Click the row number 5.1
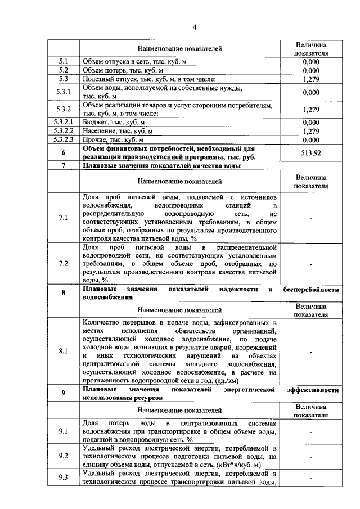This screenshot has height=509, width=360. (x=63, y=61)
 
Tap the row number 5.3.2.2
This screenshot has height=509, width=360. (x=63, y=131)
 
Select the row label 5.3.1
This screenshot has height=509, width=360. (x=63, y=92)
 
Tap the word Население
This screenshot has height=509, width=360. (x=100, y=131)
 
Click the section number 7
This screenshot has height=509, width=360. (x=63, y=166)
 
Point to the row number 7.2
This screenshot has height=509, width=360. (x=63, y=263)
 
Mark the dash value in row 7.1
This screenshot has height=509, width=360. (x=310, y=217)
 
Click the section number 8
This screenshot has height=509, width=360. (x=63, y=293)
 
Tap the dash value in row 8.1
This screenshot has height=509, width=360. (x=310, y=352)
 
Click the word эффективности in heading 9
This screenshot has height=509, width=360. (x=312, y=389)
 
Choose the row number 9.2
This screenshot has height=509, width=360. (x=63, y=457)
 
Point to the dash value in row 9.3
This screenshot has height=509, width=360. (x=310, y=479)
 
